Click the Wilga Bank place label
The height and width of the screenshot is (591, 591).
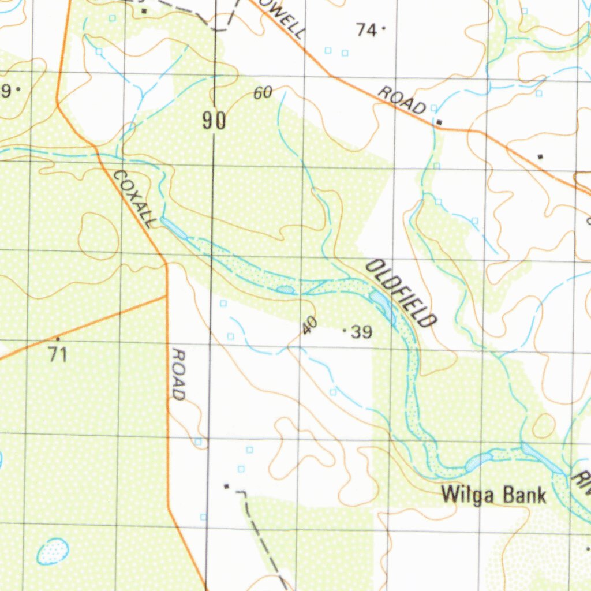(493, 495)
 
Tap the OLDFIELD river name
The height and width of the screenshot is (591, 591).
(401, 293)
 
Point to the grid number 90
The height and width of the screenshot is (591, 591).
(214, 121)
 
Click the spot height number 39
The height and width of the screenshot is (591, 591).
(361, 332)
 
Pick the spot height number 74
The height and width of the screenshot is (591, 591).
(366, 29)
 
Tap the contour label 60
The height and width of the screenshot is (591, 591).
(263, 92)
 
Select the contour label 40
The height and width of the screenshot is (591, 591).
(309, 326)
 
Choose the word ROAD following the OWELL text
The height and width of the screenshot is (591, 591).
(402, 99)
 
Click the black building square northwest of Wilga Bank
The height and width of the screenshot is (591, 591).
(226, 486)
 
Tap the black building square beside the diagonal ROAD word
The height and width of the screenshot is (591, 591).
(439, 122)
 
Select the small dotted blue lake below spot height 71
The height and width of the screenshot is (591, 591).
(53, 551)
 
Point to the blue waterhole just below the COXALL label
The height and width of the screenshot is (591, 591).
(173, 227)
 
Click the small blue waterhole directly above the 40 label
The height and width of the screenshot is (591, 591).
(286, 290)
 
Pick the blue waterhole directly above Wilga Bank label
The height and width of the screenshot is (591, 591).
(478, 461)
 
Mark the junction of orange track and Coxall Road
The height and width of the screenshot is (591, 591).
(166, 297)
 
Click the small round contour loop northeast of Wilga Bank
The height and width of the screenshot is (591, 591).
(543, 426)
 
